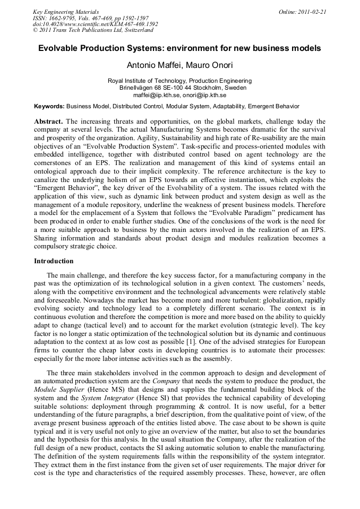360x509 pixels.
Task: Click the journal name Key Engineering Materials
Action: pyautogui.click(x=65, y=11)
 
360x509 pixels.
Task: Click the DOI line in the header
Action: pyautogui.click(x=95, y=24)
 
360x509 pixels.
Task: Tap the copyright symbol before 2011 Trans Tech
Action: pyautogui.click(x=35, y=30)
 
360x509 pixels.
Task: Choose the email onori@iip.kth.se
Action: pyautogui.click(x=204, y=94)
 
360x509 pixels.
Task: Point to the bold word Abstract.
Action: pyautogui.click(x=48, y=122)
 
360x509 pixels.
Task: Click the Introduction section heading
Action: pyautogui.click(x=54, y=261)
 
